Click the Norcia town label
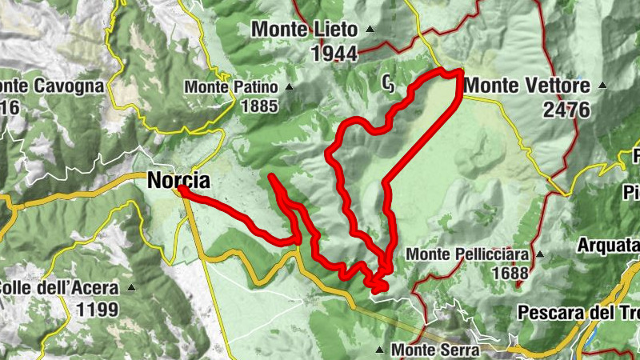178,181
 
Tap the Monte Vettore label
526,86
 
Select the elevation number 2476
566,110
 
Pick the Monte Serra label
434,350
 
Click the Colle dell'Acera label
59,288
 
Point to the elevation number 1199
97,309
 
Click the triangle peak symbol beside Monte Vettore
602,85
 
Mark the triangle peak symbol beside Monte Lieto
370,30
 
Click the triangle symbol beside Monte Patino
290,87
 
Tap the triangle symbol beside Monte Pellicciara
539,254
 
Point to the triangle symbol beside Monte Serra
379,350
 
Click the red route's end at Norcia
182,190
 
